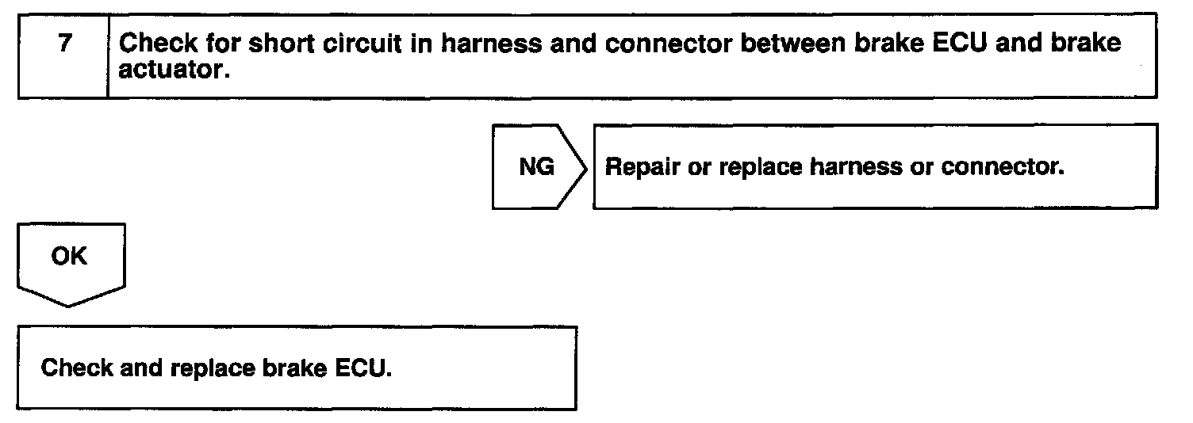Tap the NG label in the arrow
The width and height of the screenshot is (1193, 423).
(536, 167)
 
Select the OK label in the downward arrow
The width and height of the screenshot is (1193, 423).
(69, 257)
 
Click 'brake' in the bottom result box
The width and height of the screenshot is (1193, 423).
(288, 368)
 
